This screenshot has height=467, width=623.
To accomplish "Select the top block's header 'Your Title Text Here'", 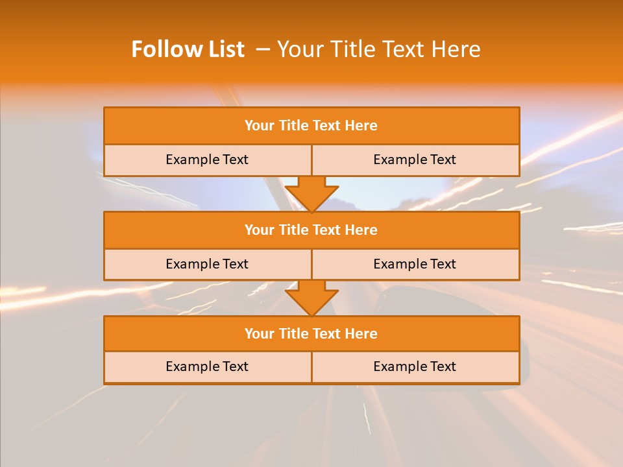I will (311, 126).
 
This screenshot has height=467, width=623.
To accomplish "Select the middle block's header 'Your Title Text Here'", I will (311, 230).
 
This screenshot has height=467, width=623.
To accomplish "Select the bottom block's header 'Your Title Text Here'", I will (311, 333).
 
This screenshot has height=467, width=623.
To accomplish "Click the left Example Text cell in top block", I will (207, 160).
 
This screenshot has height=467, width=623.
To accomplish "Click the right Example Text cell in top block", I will (415, 160).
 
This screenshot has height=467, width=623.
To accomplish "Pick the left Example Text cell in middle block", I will (207, 264).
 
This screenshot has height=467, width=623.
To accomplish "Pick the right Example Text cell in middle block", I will (415, 264).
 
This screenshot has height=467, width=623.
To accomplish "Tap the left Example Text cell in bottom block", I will (207, 366).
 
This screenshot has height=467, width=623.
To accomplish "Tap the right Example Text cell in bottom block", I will (415, 366).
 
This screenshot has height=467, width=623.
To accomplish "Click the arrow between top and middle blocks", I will (311, 193).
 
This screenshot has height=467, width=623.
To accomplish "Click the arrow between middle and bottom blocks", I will (311, 298).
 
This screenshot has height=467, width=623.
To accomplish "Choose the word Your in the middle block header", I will (259, 230).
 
